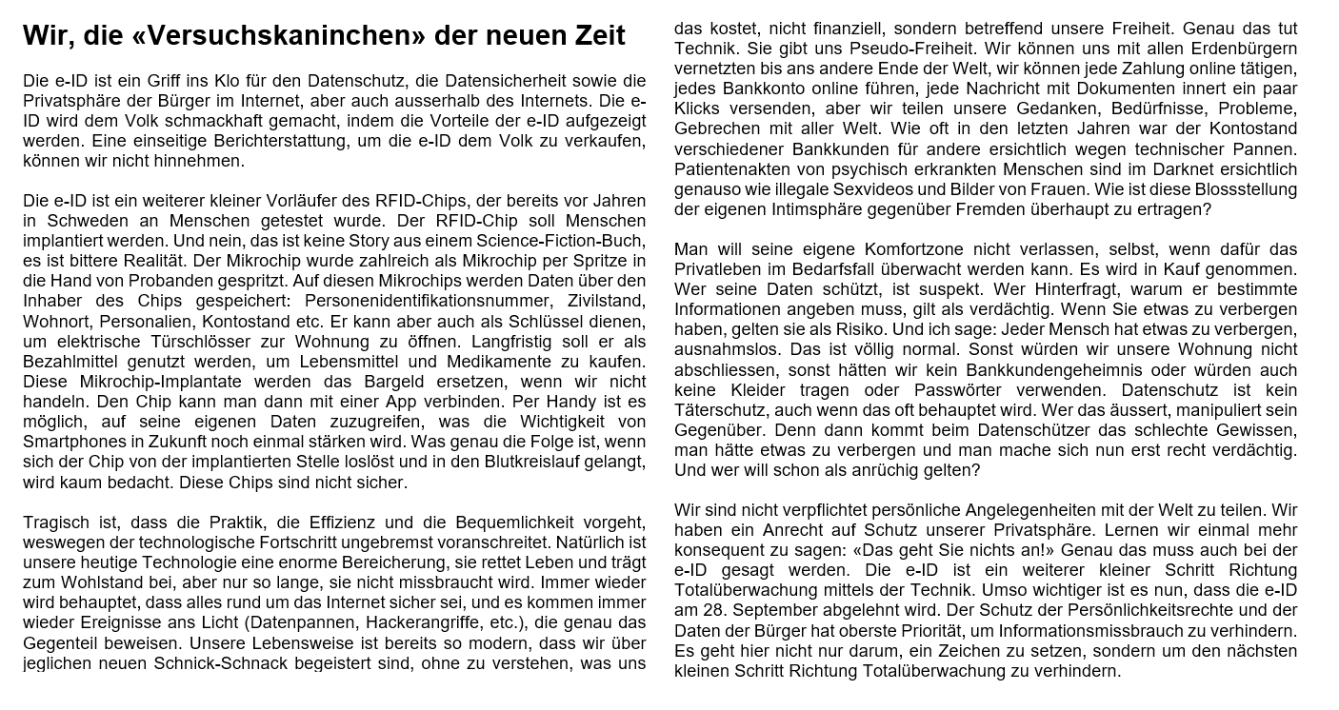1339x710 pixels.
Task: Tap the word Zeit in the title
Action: [590, 35]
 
